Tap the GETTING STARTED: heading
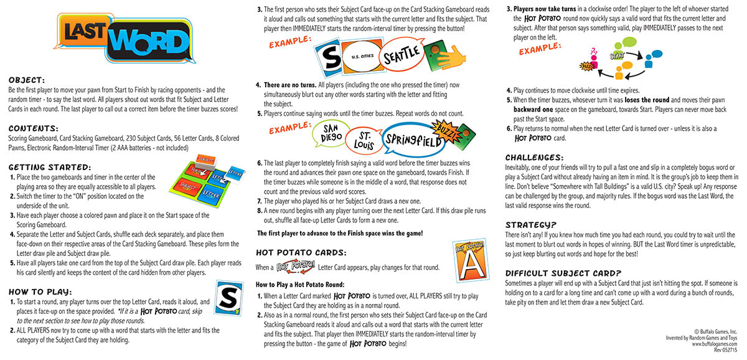click(x=50, y=167)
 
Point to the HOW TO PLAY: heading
click(x=40, y=291)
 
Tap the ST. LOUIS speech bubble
click(x=362, y=140)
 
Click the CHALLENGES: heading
click(x=534, y=157)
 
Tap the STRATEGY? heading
click(x=531, y=224)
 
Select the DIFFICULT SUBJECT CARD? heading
click(x=563, y=273)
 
